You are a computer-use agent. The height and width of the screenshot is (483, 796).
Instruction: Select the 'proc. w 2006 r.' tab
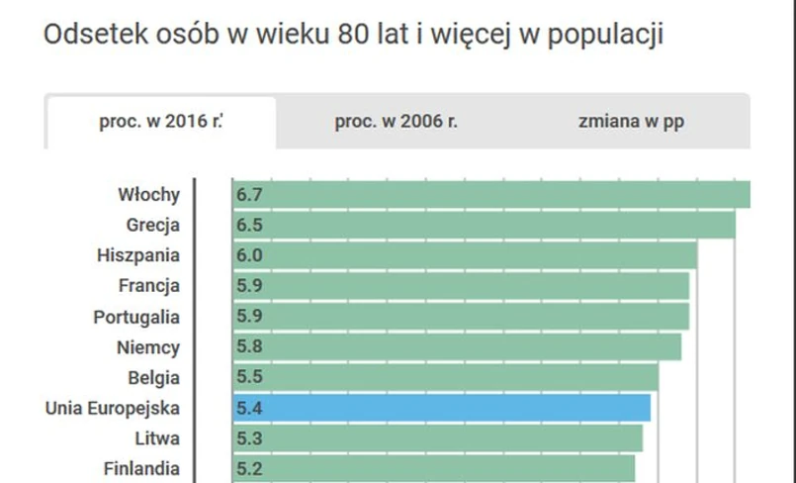tap(396, 122)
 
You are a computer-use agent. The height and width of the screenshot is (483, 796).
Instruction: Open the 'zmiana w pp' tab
tap(631, 122)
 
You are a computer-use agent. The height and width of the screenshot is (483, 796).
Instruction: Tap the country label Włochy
tap(148, 194)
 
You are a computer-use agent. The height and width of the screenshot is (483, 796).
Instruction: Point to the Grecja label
tap(153, 225)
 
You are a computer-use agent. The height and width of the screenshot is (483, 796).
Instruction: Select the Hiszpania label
tap(138, 255)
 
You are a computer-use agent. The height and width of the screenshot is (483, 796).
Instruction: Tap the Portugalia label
tap(136, 317)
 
